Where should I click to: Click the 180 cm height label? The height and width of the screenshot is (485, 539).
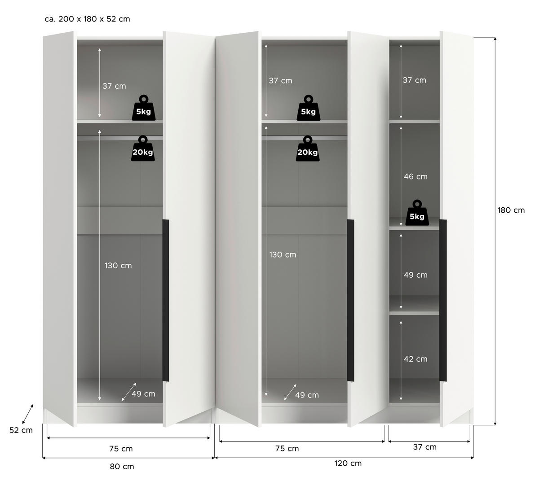(511, 210)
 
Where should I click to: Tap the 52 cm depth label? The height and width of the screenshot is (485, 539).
(21, 430)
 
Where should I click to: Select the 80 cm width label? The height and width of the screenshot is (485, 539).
(122, 467)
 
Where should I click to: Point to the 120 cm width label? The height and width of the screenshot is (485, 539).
(348, 463)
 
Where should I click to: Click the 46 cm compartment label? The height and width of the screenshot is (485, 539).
(415, 177)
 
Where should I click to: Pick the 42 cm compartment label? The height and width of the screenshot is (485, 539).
(415, 359)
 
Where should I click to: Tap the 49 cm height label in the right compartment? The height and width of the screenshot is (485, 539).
(415, 275)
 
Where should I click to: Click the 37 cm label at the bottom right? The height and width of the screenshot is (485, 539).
(424, 447)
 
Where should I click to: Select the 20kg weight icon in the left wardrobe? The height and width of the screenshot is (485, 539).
(143, 149)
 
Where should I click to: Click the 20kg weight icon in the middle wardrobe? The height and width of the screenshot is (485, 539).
(308, 149)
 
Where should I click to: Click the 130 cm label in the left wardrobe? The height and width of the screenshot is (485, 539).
(118, 266)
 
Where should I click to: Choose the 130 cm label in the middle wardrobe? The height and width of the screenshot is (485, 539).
(283, 255)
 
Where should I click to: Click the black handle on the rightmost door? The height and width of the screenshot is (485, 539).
(443, 300)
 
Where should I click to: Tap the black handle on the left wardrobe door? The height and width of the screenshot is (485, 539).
(166, 300)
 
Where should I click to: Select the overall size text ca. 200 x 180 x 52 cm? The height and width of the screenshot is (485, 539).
(87, 19)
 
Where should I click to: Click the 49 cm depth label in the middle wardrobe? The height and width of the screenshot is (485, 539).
(307, 395)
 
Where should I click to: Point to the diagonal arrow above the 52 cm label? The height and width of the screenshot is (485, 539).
(27, 413)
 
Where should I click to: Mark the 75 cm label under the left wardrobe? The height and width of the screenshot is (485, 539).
(121, 449)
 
